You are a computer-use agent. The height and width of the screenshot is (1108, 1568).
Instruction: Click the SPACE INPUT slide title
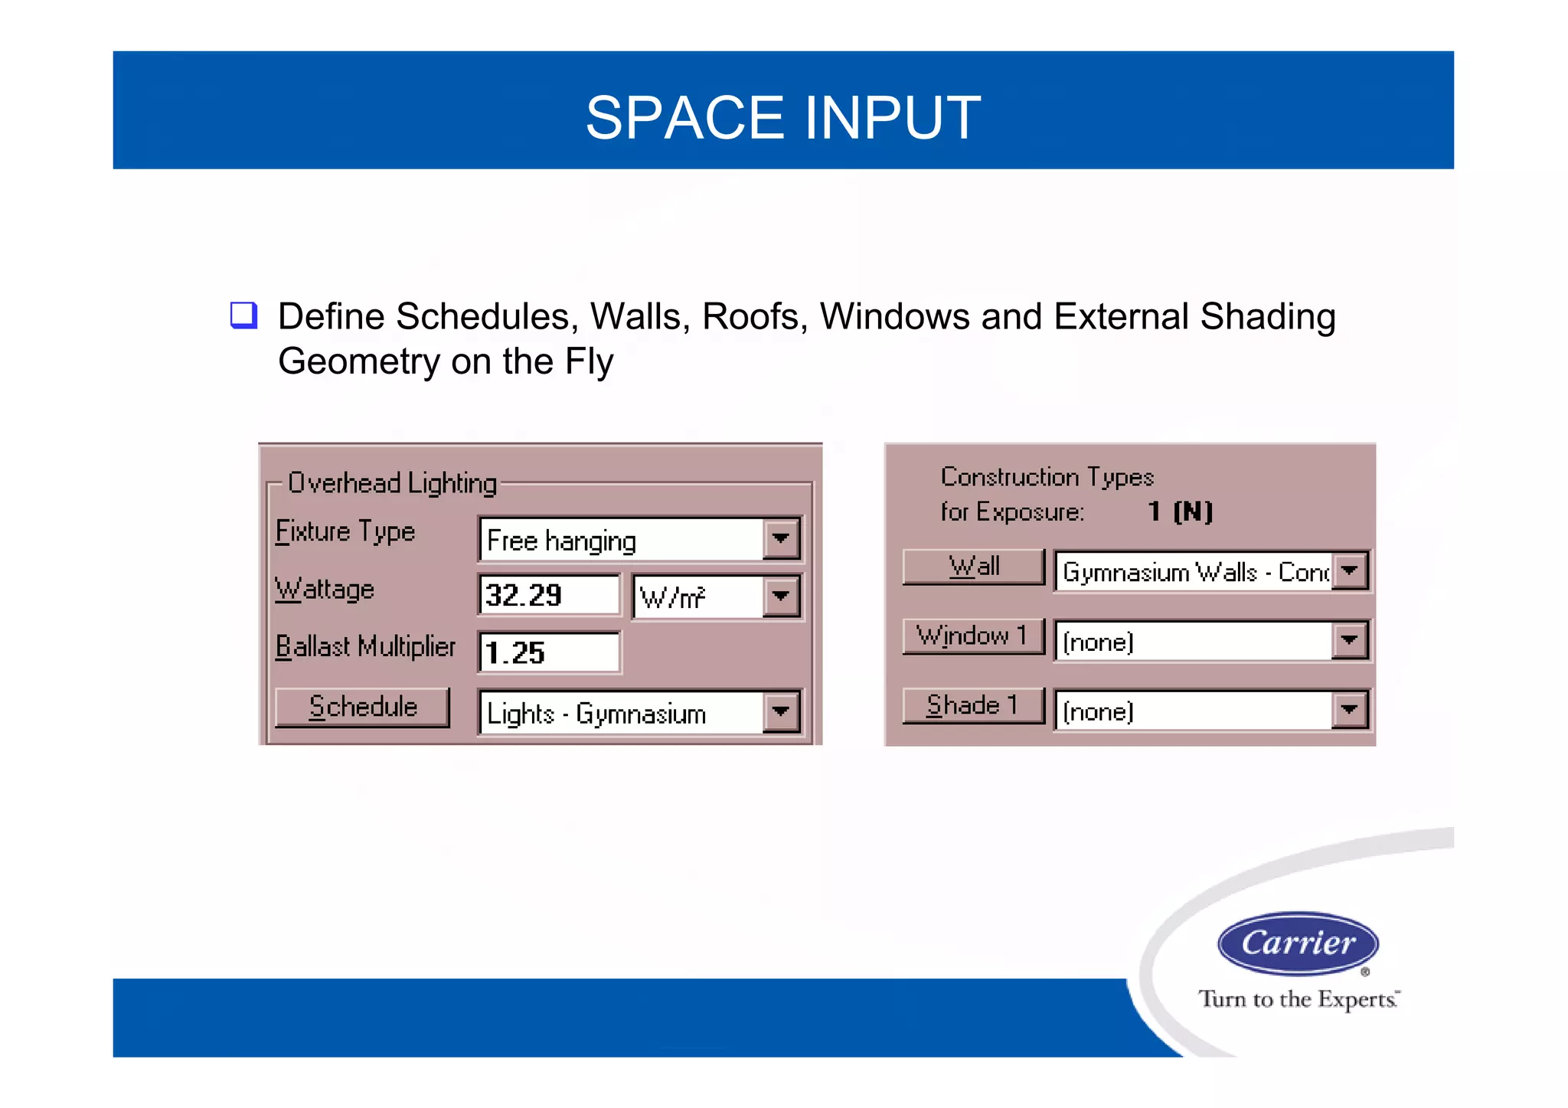[x=782, y=118]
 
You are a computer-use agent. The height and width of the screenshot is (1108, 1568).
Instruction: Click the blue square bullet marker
[x=243, y=315]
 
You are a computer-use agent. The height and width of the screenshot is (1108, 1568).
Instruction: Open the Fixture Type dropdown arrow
[x=781, y=539]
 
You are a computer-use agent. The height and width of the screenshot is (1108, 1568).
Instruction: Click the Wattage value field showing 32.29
[x=548, y=596]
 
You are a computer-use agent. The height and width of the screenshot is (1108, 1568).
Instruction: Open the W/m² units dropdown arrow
[x=781, y=596]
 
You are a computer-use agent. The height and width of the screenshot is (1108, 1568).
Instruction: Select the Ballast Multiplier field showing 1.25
[x=548, y=653]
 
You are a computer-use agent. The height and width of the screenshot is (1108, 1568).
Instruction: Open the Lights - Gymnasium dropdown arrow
[x=781, y=713]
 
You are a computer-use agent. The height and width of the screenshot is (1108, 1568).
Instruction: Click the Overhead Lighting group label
[x=392, y=483]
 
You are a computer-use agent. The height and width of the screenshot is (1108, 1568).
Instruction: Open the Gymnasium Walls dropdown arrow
[x=1350, y=570]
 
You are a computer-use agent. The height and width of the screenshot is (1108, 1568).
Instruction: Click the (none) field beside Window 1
[x=1193, y=642]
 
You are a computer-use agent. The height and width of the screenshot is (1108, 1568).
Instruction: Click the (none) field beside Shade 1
[x=1193, y=711]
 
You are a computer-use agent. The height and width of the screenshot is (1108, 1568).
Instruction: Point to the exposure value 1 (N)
[x=1180, y=512]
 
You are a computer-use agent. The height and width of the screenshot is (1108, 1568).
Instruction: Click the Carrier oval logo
[x=1298, y=943]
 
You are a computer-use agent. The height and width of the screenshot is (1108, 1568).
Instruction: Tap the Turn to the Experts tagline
[x=1298, y=999]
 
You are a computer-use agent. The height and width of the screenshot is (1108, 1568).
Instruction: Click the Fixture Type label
[x=345, y=532]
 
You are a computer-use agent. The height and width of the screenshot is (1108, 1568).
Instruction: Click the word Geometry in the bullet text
[x=358, y=361]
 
